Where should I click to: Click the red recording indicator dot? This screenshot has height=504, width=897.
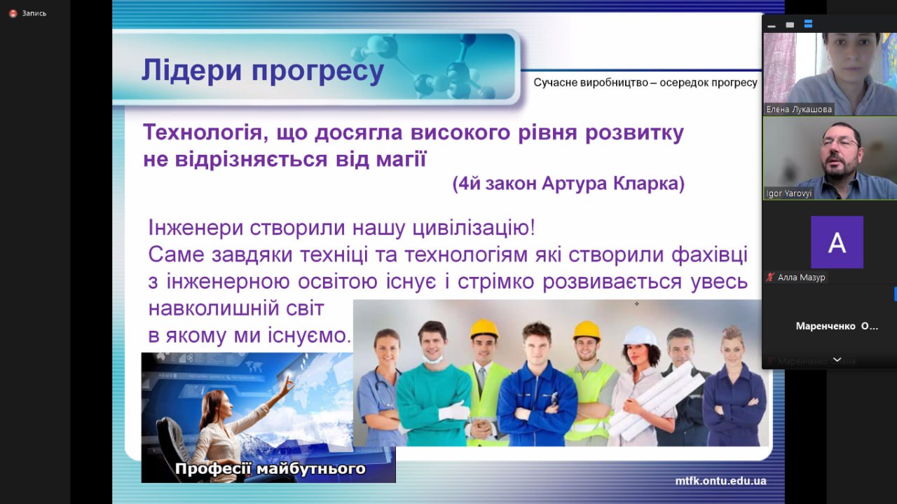[13, 13]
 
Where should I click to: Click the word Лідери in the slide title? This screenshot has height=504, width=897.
[192, 70]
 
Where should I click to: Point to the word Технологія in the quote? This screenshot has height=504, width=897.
[203, 132]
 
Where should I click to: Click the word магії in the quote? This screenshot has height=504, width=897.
[402, 158]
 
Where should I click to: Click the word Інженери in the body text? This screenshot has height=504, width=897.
[196, 228]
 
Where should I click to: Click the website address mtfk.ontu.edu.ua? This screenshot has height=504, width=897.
[720, 481]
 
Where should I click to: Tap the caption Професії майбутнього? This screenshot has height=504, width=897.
[271, 469]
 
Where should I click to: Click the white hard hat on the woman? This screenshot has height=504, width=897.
[640, 336]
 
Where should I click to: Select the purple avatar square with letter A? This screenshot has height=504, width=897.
[837, 243]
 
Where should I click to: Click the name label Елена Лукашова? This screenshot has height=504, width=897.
[798, 109]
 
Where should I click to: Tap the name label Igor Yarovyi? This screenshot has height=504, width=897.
[788, 193]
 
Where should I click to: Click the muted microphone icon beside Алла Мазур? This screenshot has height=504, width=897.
[769, 278]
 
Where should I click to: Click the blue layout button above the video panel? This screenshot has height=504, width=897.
[808, 24]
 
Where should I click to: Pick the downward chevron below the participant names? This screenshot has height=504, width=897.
[837, 360]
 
